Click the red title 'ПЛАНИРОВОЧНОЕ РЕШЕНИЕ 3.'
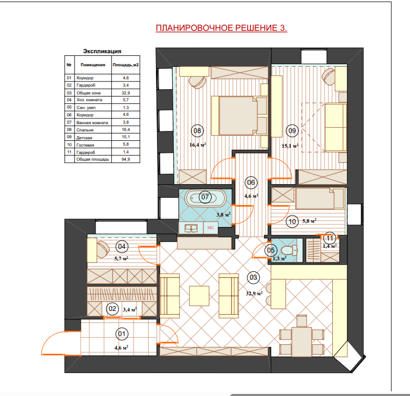click(221, 28)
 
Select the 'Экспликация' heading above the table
click(102, 51)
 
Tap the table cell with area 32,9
click(126, 93)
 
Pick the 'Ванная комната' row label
click(92, 123)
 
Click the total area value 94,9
click(126, 159)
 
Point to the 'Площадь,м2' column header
click(126, 65)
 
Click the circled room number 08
click(197, 130)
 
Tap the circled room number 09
click(292, 130)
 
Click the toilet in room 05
click(290, 250)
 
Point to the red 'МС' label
click(211, 227)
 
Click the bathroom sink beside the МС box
click(191, 228)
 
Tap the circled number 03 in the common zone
click(253, 278)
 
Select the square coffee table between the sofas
click(199, 296)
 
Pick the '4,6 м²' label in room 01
click(122, 348)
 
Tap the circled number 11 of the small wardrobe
click(330, 238)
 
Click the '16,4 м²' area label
click(198, 145)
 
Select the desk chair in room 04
click(103, 249)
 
